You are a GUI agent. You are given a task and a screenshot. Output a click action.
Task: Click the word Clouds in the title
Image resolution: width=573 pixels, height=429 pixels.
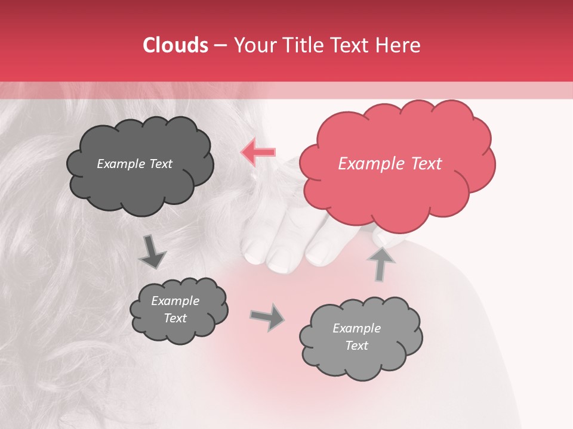click(x=175, y=45)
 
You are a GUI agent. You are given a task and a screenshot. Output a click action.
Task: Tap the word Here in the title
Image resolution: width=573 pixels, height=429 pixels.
click(x=399, y=45)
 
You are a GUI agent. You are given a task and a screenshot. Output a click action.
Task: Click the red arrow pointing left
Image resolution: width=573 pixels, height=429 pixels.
click(x=258, y=153)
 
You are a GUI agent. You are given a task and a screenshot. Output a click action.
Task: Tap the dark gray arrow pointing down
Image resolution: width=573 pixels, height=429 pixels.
click(x=153, y=253)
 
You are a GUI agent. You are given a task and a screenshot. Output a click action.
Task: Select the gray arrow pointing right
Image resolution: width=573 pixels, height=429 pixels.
click(x=267, y=317)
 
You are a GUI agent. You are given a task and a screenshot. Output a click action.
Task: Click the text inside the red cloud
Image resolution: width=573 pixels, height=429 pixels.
click(x=390, y=164)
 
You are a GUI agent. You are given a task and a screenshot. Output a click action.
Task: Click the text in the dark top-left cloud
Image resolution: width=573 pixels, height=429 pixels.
click(x=134, y=164)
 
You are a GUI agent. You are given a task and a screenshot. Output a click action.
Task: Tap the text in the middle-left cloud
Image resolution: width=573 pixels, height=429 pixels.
click(x=175, y=310)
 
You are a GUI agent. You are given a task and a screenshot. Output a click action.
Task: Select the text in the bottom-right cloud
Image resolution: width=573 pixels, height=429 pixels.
click(x=356, y=337)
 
